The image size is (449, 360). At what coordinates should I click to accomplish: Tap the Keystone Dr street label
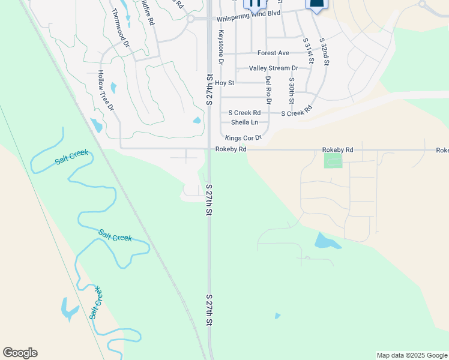(221, 47)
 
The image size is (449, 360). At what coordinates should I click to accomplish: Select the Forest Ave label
(273, 53)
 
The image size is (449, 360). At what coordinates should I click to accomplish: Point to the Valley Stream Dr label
(273, 69)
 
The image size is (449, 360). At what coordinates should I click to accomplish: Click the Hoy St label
(229, 83)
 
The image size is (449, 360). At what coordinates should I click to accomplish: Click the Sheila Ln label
(244, 122)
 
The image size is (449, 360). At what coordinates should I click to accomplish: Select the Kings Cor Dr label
(244, 138)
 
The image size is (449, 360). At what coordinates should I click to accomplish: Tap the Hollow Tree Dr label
(106, 89)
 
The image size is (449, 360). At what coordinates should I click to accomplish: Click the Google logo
(20, 353)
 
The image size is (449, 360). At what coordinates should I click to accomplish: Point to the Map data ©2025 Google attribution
(412, 355)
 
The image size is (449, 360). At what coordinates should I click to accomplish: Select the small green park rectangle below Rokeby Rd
(333, 161)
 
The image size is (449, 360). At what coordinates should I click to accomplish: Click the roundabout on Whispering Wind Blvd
(190, 19)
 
